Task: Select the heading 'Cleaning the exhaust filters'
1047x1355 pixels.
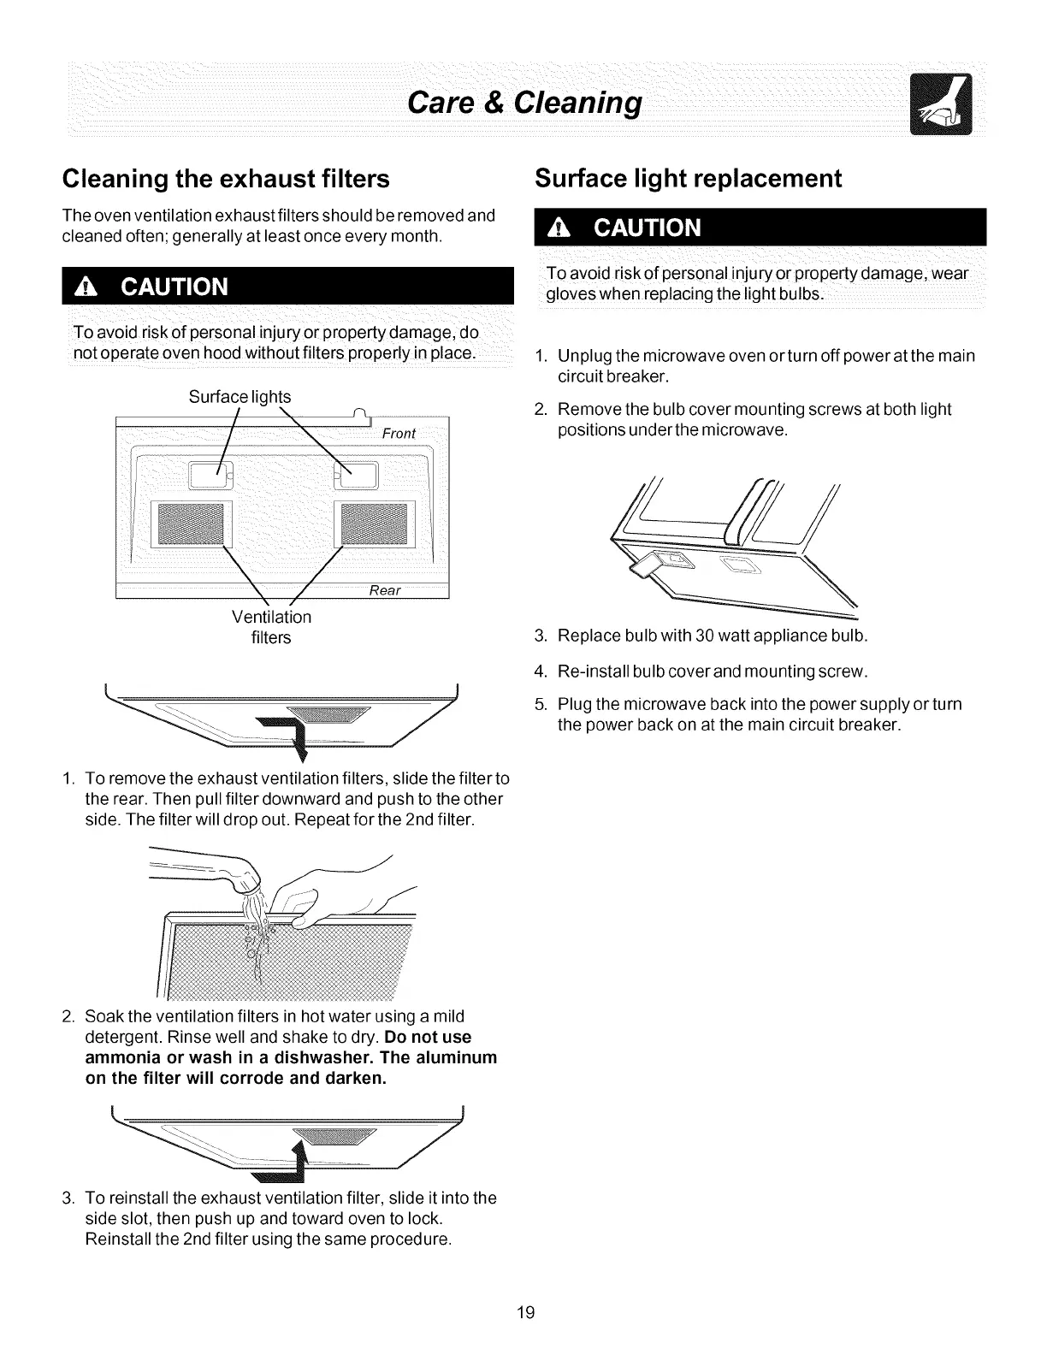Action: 226,180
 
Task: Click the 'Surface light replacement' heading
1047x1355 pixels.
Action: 688,179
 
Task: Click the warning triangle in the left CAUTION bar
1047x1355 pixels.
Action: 84,287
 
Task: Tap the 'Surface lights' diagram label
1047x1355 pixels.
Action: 240,397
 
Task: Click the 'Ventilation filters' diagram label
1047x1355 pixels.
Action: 271,627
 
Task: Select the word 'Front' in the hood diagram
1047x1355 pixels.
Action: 398,434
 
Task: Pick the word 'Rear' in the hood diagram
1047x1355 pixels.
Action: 385,591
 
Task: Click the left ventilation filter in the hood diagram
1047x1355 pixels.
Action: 188,524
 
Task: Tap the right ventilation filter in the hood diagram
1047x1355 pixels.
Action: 377,524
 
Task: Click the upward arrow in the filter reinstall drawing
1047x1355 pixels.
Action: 299,1155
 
